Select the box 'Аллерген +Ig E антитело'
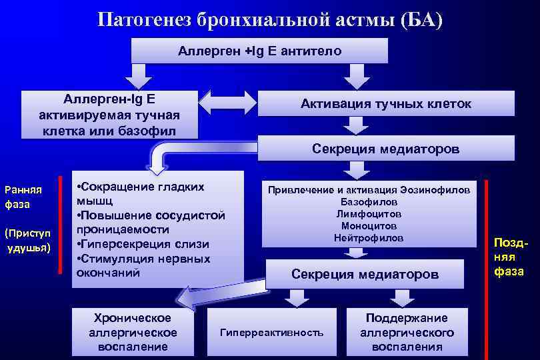pyautogui.click(x=259, y=51)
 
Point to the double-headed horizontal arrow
pyautogui.click(x=228, y=103)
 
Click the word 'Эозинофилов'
pyautogui.click(x=440, y=189)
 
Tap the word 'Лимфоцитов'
pyautogui.click(x=369, y=213)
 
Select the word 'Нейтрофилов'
pyautogui.click(x=369, y=237)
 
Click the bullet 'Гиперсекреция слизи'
pyautogui.click(x=143, y=243)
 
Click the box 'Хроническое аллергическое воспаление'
pyautogui.click(x=132, y=332)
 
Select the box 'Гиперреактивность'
pyautogui.click(x=271, y=332)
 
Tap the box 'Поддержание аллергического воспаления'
pyautogui.click(x=407, y=332)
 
